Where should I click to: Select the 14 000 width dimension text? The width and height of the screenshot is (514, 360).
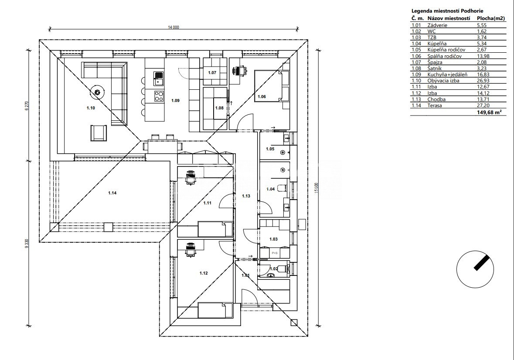pyautogui.click(x=173, y=27)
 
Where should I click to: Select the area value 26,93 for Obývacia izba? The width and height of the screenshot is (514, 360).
pyautogui.click(x=483, y=81)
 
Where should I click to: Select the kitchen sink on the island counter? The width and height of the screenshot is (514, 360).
pyautogui.click(x=157, y=79)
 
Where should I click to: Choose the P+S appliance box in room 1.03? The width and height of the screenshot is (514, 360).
pyautogui.click(x=275, y=252)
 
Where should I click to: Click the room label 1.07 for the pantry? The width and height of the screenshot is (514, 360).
pyautogui.click(x=212, y=72)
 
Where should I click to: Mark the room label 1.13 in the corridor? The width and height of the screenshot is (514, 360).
pyautogui.click(x=246, y=196)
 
